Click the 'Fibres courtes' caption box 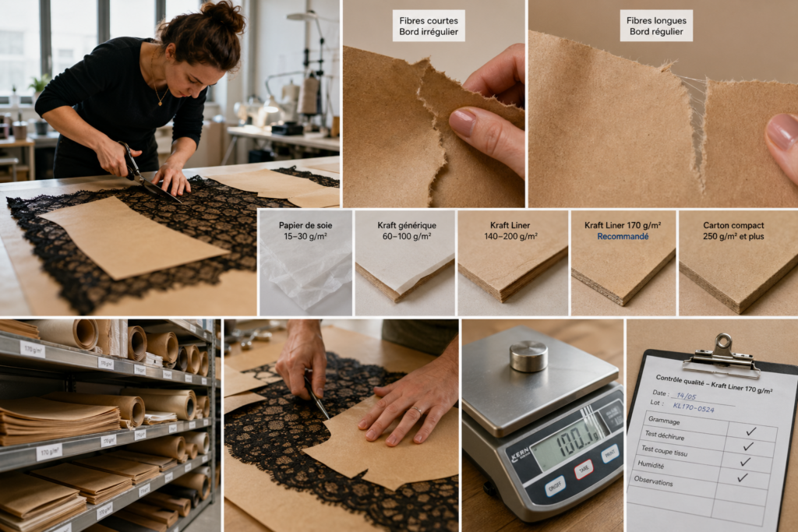coord(429,26)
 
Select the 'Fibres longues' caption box coord(655,26)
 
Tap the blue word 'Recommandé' coord(623,236)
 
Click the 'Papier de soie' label coord(305,231)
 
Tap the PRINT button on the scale coord(609,453)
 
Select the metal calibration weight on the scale coord(528,355)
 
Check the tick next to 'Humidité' coord(744,462)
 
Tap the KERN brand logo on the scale coord(520,456)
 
